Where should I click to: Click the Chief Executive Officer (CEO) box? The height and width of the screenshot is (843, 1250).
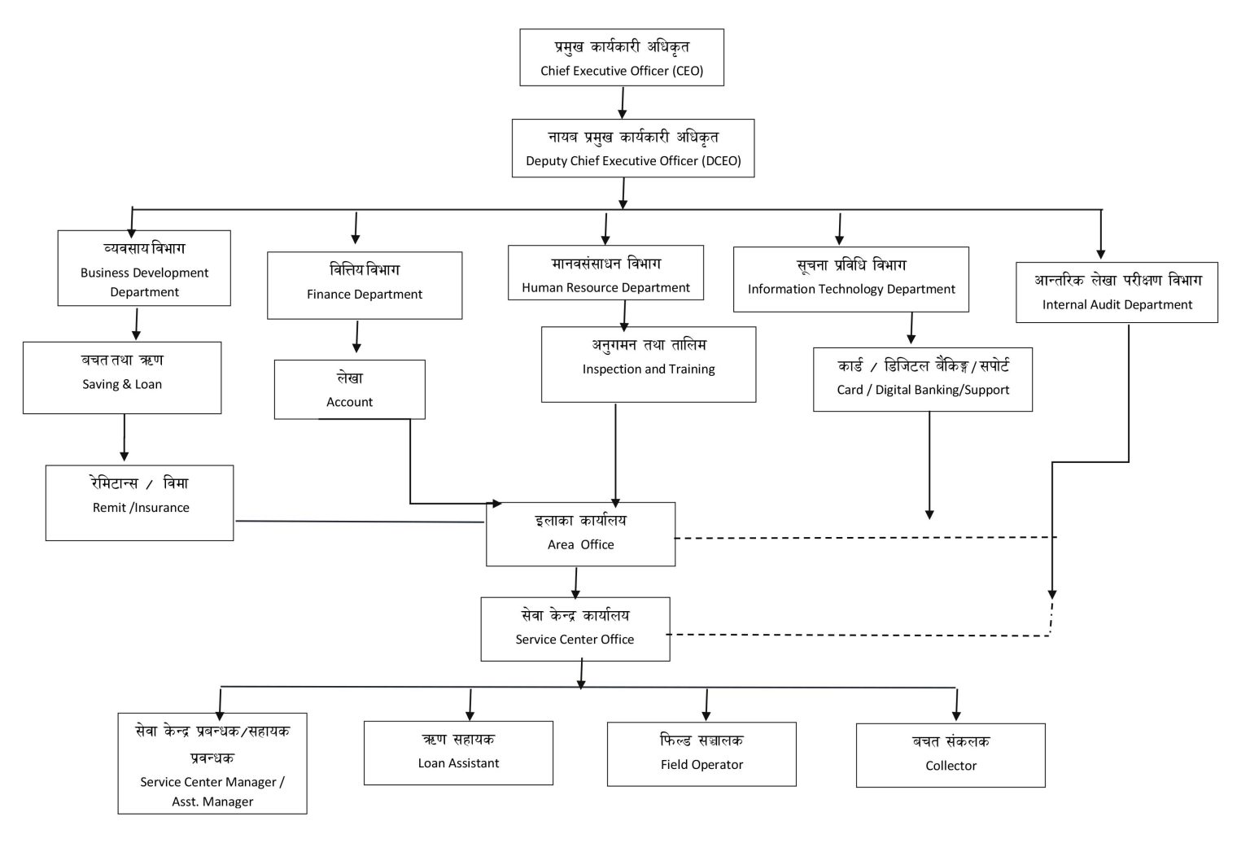point(622,58)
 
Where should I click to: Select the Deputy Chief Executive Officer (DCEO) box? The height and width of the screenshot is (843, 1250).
point(633,148)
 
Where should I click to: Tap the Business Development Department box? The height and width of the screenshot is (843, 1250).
point(144,269)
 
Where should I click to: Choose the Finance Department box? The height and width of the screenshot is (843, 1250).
point(365,285)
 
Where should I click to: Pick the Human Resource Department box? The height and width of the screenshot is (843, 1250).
point(605,273)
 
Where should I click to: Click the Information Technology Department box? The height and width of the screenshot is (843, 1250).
point(850,279)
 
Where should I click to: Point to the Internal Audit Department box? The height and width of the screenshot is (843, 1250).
point(1117,292)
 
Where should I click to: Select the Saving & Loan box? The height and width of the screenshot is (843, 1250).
point(122,378)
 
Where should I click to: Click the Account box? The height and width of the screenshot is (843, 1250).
point(349,390)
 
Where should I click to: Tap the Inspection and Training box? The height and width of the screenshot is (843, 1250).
point(649,365)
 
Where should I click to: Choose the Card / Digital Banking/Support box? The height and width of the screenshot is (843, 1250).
point(923,380)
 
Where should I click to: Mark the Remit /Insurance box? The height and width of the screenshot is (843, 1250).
point(140,503)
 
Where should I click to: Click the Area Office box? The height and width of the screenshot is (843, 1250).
point(580,534)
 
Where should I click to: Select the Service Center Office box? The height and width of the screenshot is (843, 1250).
point(575,629)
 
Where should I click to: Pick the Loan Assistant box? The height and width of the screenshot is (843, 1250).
point(458,753)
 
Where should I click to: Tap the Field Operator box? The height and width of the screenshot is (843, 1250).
point(701,754)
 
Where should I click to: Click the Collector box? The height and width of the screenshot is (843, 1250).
point(951,755)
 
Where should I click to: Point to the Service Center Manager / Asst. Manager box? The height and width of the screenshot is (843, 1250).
point(212,763)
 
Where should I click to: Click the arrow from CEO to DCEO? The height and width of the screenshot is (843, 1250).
point(623,103)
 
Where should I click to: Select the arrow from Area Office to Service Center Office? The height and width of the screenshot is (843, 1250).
point(575,582)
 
